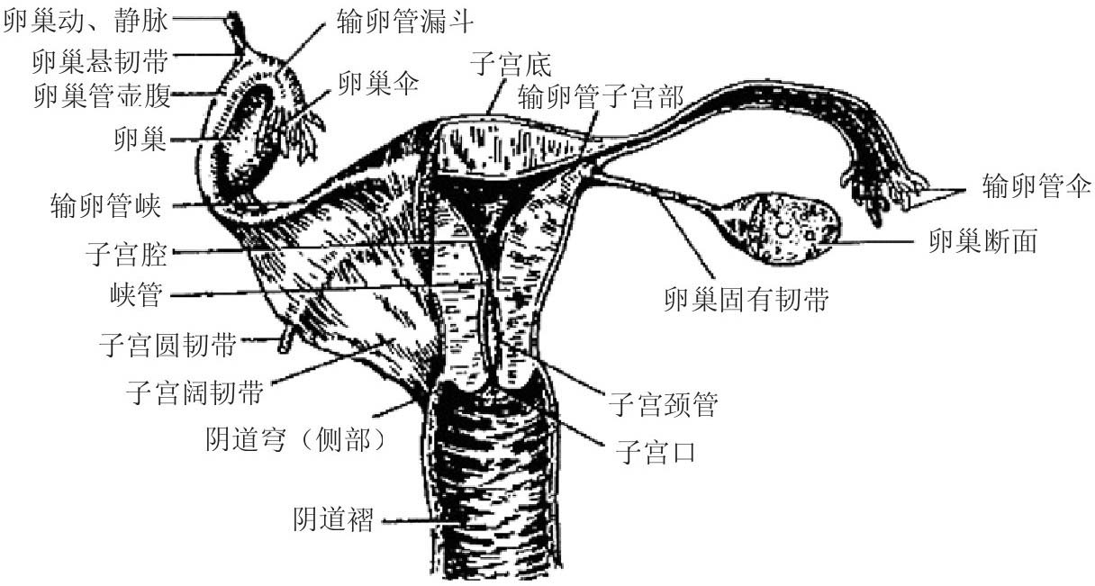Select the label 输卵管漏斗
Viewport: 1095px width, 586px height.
(400, 18)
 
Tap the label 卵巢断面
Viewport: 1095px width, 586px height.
(989, 240)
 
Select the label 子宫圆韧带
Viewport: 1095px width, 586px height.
(167, 344)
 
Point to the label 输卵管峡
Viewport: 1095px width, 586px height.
(107, 206)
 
